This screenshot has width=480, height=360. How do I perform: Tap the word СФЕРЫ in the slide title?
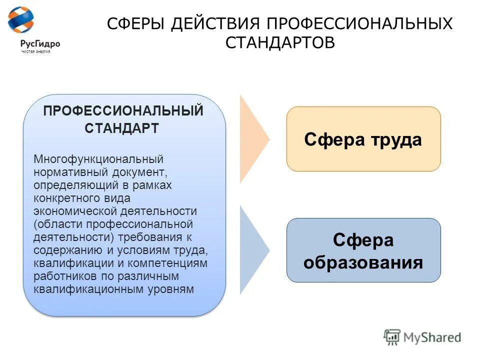(135, 24)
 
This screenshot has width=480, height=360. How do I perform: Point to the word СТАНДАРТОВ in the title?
(280, 42)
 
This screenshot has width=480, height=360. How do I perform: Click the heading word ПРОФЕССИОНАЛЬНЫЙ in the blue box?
(123, 110)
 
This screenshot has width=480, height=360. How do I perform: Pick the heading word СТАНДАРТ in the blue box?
(122, 128)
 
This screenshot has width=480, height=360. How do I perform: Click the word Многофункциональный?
(98, 159)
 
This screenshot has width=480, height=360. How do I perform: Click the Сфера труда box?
(363, 139)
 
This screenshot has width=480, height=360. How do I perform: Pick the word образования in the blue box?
(363, 262)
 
